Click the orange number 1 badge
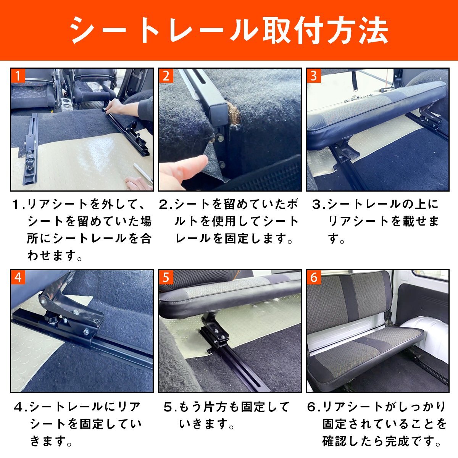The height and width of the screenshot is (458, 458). pyautogui.click(x=18, y=76)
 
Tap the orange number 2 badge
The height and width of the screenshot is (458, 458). pyautogui.click(x=166, y=76)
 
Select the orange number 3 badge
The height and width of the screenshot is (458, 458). pyautogui.click(x=314, y=76)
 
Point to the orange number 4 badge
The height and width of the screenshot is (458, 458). pyautogui.click(x=18, y=277)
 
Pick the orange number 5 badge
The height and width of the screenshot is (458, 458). pyautogui.click(x=166, y=277)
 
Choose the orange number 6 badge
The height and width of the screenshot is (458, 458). pyautogui.click(x=314, y=277)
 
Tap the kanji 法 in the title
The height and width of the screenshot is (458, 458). pyautogui.click(x=373, y=30)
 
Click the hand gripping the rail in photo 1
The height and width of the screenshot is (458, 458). pyautogui.click(x=116, y=107)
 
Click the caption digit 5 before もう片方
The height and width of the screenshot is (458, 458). pyautogui.click(x=168, y=407)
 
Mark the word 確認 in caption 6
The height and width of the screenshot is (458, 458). pyautogui.click(x=334, y=441)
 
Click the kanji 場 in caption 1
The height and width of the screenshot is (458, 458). pyautogui.click(x=146, y=221)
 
